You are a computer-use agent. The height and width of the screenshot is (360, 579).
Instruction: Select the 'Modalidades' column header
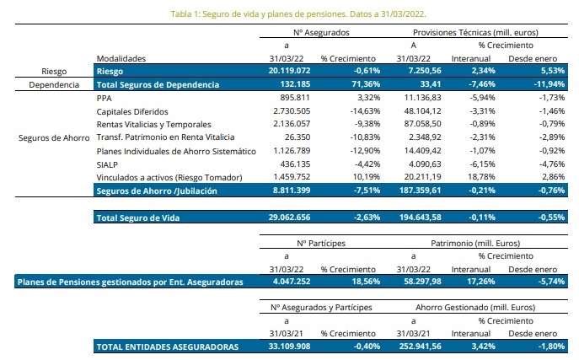click(121, 58)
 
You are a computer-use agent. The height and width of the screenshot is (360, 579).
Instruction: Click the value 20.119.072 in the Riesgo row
click(287, 72)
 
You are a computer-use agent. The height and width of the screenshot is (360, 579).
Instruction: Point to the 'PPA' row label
click(105, 98)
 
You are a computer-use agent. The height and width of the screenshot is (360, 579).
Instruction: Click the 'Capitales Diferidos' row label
click(133, 111)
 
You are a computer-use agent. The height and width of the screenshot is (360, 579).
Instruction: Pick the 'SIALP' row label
click(109, 164)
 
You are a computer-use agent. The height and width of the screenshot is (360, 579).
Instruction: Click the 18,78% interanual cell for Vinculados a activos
click(479, 177)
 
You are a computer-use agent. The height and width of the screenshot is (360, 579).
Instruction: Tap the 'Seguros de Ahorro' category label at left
click(52, 137)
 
